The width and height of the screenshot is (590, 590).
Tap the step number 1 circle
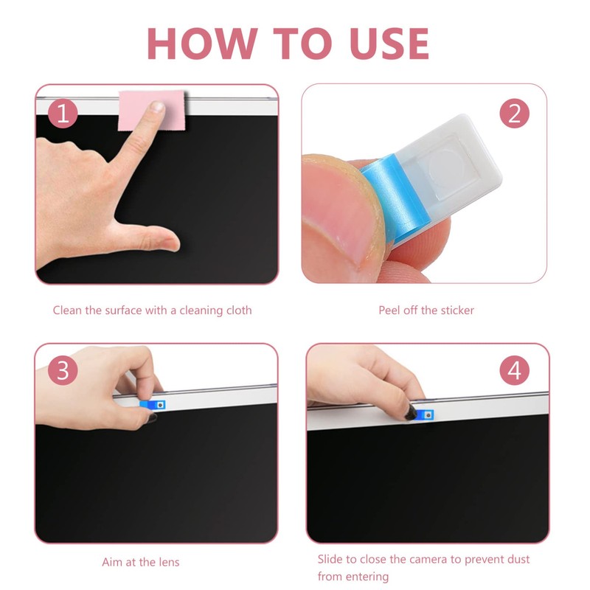[63, 114]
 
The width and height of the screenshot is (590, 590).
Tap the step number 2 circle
[514, 114]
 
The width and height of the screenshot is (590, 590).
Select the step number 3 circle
[63, 371]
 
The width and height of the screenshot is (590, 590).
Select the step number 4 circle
[514, 371]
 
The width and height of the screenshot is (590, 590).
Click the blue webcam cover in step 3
[153, 404]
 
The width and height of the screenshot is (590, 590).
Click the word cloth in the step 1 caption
[236, 310]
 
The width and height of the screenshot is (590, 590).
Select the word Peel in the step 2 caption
[391, 310]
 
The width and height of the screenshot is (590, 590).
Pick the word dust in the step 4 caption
[517, 560]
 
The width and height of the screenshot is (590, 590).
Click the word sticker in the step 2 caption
[456, 310]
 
